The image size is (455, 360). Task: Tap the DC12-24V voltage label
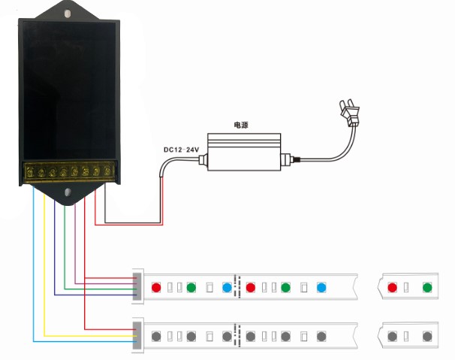(x=181, y=150)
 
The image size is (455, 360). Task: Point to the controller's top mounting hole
(x=68, y=14)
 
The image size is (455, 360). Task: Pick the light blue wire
(x=34, y=263)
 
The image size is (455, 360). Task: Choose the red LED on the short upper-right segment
(x=392, y=287)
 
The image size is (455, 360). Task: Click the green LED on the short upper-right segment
(x=427, y=287)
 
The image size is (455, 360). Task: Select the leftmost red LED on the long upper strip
(x=156, y=287)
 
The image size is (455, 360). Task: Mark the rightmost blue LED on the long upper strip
(x=321, y=287)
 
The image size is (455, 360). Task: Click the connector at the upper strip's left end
(x=137, y=286)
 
